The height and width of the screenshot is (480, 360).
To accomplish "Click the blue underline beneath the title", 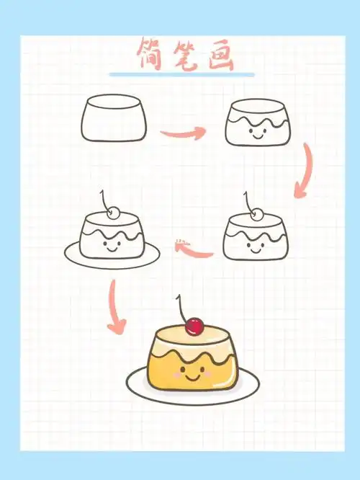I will (x=181, y=74).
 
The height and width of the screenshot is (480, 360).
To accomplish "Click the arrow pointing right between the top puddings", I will (x=183, y=133).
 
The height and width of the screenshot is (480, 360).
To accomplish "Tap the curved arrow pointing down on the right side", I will (x=305, y=172).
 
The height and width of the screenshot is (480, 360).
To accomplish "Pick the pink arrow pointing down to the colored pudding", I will (x=114, y=306).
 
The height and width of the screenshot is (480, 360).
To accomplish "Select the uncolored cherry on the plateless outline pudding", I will (x=257, y=212).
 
